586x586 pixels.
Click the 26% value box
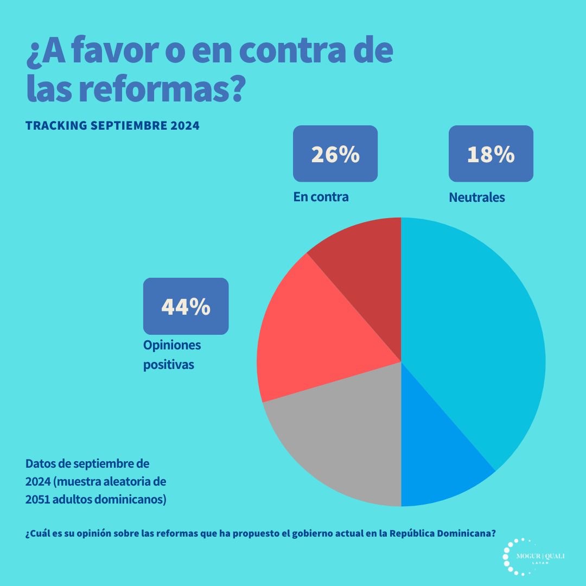click(335, 154)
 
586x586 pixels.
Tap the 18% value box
click(491, 154)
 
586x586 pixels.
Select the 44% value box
click(186, 306)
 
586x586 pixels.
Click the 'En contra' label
click(321, 197)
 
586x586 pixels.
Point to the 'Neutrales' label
click(476, 198)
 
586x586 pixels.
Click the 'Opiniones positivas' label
click(172, 355)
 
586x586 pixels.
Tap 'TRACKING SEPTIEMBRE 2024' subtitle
click(112, 125)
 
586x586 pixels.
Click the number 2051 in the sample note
click(37, 499)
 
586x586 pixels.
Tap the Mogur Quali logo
click(534, 557)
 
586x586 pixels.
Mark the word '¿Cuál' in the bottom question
click(36, 533)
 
